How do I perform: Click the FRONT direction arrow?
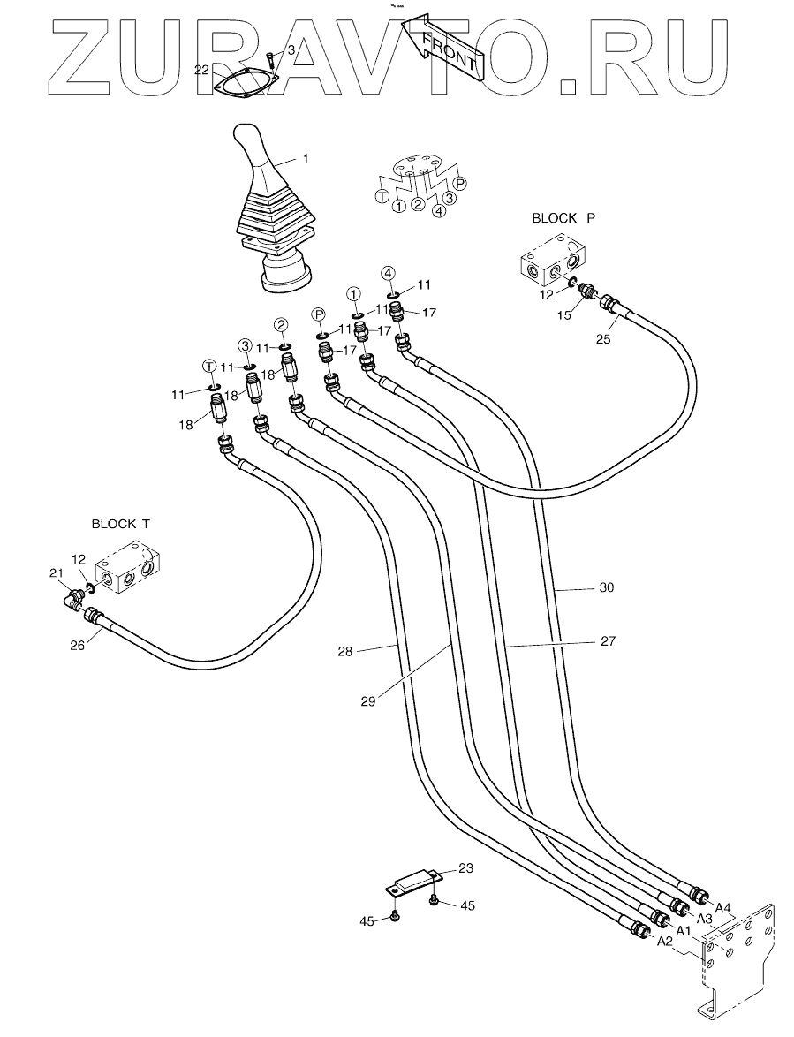coord(443,48)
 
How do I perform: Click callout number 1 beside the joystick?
coord(306,159)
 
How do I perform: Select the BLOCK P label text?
coord(563,218)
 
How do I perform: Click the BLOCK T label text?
coord(121,524)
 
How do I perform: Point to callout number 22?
coord(202,70)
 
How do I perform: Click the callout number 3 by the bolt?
coord(291,51)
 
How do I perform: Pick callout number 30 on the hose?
coord(606,587)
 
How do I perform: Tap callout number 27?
coord(609,641)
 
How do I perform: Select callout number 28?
coord(344,651)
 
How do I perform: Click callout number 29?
coord(368,701)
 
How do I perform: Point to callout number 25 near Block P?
coord(603,340)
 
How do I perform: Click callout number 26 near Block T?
coord(78,646)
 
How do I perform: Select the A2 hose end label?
coord(664,942)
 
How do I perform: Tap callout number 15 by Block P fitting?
coord(563,316)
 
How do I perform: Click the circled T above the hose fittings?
coord(209,366)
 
